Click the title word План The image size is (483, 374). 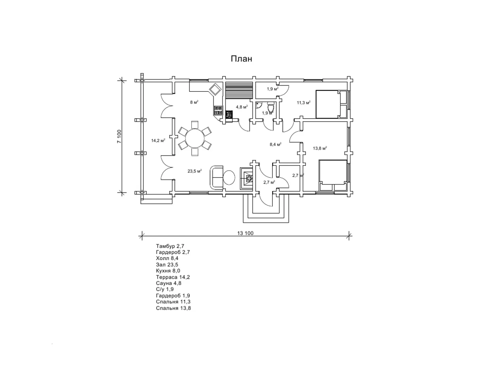click(x=241, y=59)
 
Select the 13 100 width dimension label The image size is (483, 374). click(x=245, y=233)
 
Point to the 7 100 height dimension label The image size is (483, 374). click(x=119, y=136)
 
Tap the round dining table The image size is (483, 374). click(x=195, y=138)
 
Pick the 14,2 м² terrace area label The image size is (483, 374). click(x=158, y=140)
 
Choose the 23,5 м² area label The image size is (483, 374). click(x=195, y=171)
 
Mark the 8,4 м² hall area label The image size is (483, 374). click(x=275, y=144)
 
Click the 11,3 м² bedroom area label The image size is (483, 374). click(x=304, y=103)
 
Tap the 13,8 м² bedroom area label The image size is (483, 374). click(x=320, y=148)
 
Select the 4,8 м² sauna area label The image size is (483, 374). click(x=242, y=107)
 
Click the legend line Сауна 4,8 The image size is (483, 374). click(x=168, y=283)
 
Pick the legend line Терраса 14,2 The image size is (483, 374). click(x=173, y=277)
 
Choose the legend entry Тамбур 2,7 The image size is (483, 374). click(x=170, y=246)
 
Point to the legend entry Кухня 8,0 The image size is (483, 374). click(x=168, y=271)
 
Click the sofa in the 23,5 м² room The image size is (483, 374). click(x=216, y=177)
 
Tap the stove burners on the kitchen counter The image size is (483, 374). click(x=218, y=111)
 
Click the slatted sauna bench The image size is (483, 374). click(x=239, y=90)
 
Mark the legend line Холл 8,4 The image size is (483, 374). click(x=167, y=258)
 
